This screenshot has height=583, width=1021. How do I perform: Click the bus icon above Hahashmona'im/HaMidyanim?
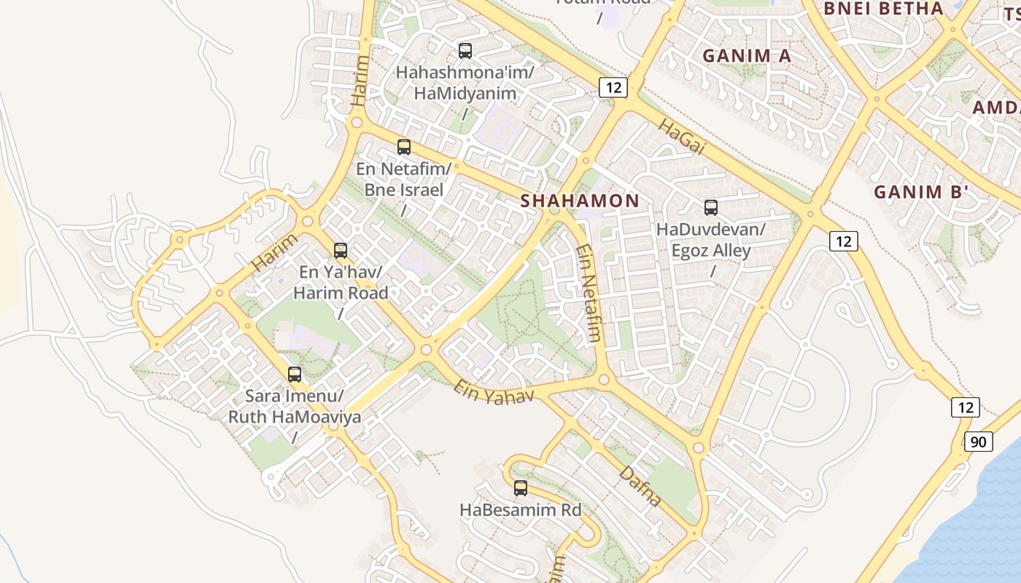tap(465, 51)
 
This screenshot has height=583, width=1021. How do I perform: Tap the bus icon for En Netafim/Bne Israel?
tap(404, 147)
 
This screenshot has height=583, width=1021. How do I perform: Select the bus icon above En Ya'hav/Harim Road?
tap(340, 251)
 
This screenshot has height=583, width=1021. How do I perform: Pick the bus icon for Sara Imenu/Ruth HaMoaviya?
tap(295, 375)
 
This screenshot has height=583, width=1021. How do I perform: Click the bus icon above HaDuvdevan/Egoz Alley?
tap(711, 208)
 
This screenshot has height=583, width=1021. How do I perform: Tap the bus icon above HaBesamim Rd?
tap(521, 488)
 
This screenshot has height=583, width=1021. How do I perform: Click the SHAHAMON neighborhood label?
tap(580, 201)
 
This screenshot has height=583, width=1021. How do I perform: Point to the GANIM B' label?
tap(921, 192)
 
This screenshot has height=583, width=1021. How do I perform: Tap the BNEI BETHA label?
tap(883, 9)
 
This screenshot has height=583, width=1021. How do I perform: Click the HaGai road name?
tap(683, 136)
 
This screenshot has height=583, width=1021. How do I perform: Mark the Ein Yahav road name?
tap(494, 391)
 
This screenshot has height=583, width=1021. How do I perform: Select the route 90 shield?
tap(978, 441)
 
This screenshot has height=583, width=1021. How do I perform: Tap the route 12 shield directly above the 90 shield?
tap(965, 407)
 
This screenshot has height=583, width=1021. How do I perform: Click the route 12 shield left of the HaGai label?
tap(613, 87)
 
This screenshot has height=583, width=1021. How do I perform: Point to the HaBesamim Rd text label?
tap(521, 510)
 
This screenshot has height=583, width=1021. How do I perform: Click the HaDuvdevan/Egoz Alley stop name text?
tap(711, 240)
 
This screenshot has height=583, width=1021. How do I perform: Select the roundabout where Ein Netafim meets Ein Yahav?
tap(604, 380)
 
